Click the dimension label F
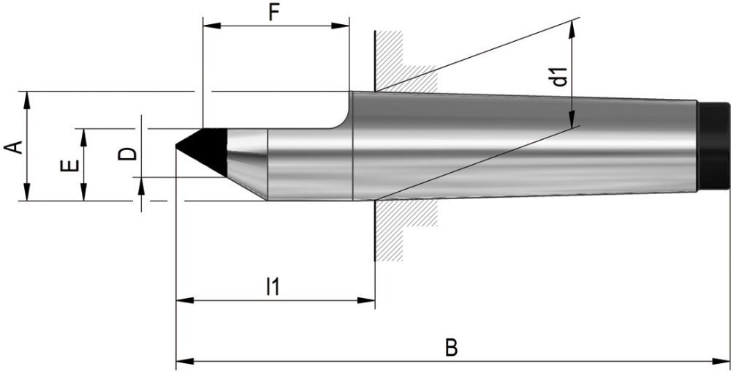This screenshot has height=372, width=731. click(274, 12)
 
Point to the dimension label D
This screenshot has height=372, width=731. click(127, 153)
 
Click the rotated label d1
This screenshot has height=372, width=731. click(560, 76)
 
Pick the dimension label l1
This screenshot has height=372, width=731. click(273, 286)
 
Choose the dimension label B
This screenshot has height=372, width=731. click(452, 348)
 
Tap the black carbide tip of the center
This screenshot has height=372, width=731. click(205, 146)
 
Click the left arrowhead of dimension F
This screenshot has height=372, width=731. click(208, 27)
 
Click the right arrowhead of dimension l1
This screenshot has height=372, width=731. click(369, 300)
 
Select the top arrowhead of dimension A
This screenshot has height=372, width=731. click(26, 97)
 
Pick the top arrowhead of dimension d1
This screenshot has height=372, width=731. click(572, 25)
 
